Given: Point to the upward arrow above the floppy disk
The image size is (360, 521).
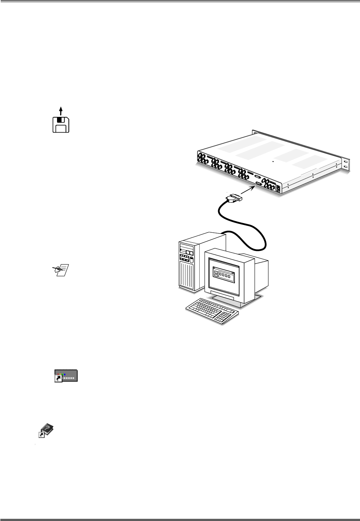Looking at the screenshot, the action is coord(61,110).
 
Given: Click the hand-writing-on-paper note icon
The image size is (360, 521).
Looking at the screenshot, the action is coord(61,270).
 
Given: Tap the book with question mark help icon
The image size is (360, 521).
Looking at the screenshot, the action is coord(46,430).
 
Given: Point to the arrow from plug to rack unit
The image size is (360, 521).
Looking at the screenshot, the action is coord(248,190).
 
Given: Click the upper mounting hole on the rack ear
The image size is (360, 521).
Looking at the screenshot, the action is coord(345,162).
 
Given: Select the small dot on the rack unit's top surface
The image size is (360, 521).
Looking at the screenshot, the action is coord(273,161).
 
